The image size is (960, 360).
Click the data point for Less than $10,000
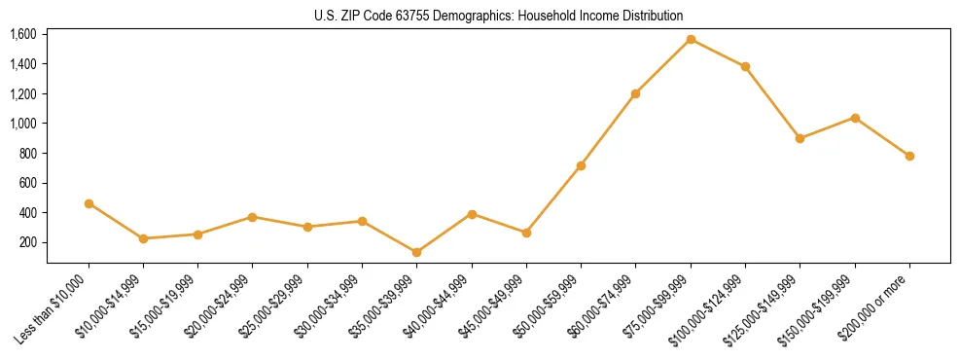coord(89,203)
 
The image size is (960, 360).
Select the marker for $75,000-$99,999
coord(691,39)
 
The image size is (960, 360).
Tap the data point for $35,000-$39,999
coord(416,252)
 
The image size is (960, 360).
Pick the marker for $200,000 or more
coord(909,156)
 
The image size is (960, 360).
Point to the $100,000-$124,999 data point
coord(745,66)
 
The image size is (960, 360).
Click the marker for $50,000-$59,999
coord(581,165)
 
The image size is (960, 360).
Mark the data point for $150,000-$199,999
coord(855,118)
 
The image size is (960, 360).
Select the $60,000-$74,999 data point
coord(635,93)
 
